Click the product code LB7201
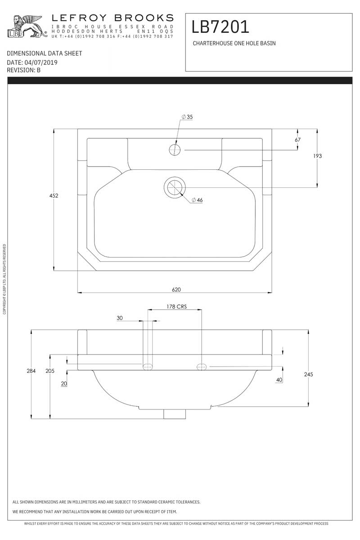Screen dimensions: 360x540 [220, 27]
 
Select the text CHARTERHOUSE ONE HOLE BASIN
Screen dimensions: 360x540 [234, 43]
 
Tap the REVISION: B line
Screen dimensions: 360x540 [24, 70]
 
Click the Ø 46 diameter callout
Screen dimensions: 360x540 [197, 200]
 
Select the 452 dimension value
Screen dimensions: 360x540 [54, 195]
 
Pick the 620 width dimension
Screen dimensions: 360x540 [176, 290]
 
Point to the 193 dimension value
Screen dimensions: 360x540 [317, 156]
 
